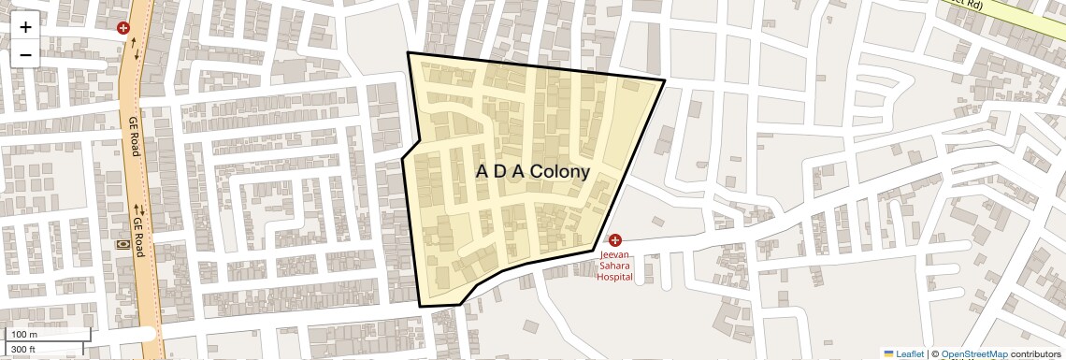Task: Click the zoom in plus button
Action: tap(25, 27)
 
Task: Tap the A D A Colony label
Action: tap(533, 172)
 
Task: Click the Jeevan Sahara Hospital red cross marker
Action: tap(615, 240)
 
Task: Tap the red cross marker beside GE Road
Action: tap(122, 28)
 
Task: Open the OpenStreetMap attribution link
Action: tap(973, 354)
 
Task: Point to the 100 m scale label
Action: tap(24, 335)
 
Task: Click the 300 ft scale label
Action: tap(23, 350)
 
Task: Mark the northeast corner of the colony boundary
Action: tap(664, 81)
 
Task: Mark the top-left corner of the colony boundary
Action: tap(408, 53)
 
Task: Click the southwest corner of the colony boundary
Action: tap(419, 306)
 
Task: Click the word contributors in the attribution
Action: tap(1037, 354)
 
